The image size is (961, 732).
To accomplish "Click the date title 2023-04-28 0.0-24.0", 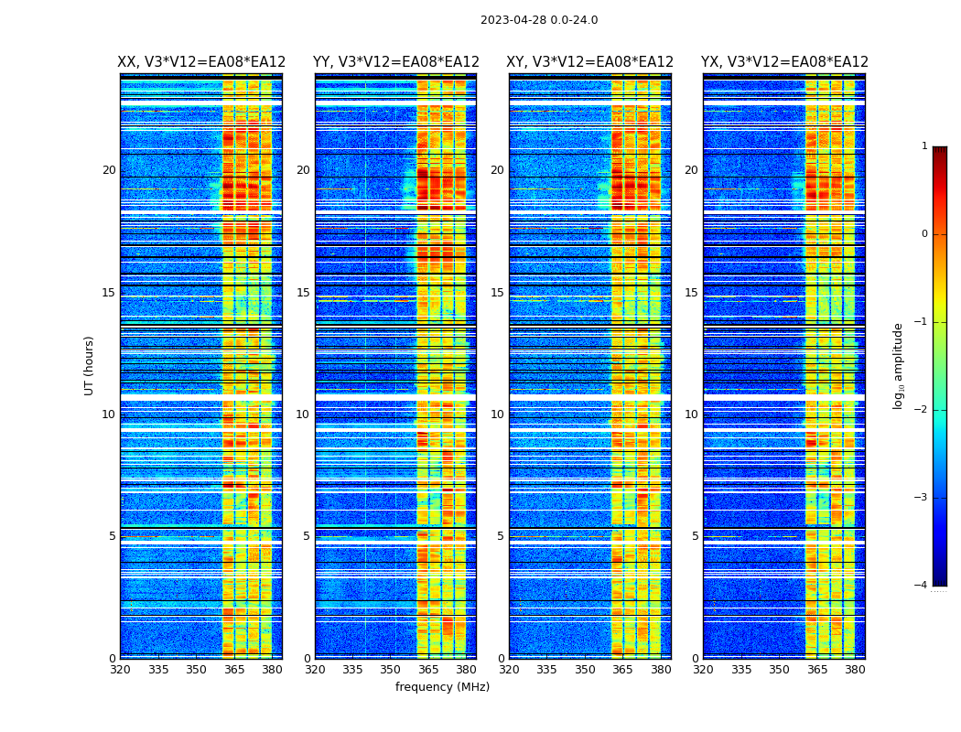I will pyautogui.click(x=539, y=20).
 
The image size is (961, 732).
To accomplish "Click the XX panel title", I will pyautogui.click(x=201, y=62).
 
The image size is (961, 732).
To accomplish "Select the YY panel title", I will pyautogui.click(x=396, y=62).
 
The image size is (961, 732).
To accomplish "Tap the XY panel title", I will pyautogui.click(x=590, y=62).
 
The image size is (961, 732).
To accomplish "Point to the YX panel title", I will pyautogui.click(x=784, y=62).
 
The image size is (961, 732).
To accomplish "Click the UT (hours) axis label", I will pyautogui.click(x=90, y=365).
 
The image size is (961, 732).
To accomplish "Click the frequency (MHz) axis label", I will pyautogui.click(x=442, y=687).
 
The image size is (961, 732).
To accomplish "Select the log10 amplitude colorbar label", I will pyautogui.click(x=899, y=365).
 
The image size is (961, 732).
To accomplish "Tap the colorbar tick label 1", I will pyautogui.click(x=924, y=146).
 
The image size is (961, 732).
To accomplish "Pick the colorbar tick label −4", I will pyautogui.click(x=922, y=586).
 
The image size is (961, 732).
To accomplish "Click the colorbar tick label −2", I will pyautogui.click(x=922, y=410).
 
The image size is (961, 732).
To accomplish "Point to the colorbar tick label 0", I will pyautogui.click(x=924, y=234).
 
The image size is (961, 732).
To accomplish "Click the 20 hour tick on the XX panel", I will pyautogui.click(x=109, y=170).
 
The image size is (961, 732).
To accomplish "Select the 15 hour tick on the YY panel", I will pyautogui.click(x=303, y=293).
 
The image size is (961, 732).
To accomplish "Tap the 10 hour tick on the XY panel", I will pyautogui.click(x=497, y=414).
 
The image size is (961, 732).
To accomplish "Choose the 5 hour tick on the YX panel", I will pyautogui.click(x=695, y=536).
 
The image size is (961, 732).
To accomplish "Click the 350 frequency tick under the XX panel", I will pyautogui.click(x=196, y=670).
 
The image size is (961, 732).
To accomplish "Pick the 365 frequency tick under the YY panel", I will pyautogui.click(x=428, y=670).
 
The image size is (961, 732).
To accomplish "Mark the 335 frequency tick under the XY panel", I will pyautogui.click(x=546, y=670).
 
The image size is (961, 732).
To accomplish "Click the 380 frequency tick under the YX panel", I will pyautogui.click(x=855, y=670).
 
